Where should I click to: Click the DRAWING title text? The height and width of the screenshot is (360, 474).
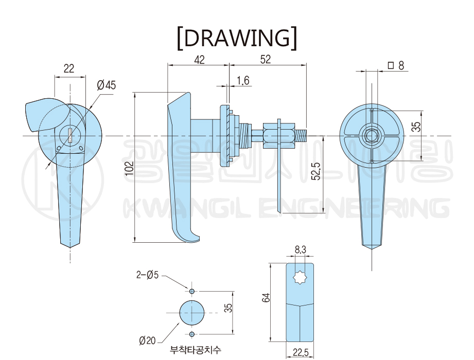point(237,38)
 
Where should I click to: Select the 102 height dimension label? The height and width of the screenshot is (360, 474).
point(129,168)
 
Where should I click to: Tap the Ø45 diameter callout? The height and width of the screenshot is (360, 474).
point(106,85)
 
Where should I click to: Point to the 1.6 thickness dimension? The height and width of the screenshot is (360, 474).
point(243,81)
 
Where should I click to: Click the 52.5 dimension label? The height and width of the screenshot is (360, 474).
point(317,171)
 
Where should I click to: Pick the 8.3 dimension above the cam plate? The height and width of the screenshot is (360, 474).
point(300,250)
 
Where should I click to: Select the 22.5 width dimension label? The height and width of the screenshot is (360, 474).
point(300,352)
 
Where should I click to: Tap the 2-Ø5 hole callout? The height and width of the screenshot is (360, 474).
point(147,275)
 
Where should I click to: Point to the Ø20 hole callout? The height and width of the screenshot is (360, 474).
point(147,340)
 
